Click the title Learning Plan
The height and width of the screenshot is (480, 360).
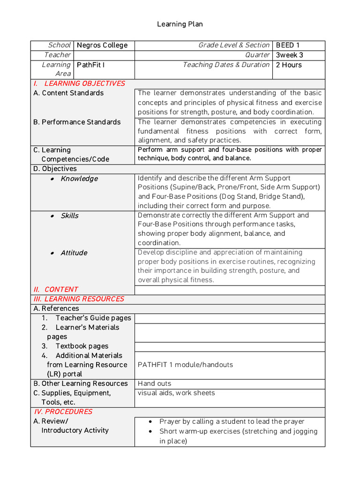point(180,24)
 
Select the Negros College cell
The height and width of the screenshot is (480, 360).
point(102,45)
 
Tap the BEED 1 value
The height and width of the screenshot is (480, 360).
point(285,45)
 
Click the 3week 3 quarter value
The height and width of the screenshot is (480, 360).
point(289,55)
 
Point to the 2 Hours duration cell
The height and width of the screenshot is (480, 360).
point(289,65)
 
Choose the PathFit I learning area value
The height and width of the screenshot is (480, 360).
point(90,65)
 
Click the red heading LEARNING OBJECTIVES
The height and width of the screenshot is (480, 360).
point(84,83)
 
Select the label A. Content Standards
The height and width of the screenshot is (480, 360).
point(68,93)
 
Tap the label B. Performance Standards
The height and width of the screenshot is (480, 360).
point(77,122)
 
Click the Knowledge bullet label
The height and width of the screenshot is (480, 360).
point(79,179)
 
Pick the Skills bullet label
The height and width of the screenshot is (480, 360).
point(69,216)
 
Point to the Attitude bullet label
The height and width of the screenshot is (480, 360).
point(74,253)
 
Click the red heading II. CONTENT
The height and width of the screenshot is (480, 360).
point(56,290)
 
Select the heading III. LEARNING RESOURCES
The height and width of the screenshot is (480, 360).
point(79,299)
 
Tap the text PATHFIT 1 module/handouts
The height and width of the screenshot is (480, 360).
point(185,365)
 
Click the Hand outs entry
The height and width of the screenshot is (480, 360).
point(155,383)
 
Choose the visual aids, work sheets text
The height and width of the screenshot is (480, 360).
point(176,393)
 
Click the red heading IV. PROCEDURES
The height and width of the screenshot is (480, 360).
point(63,412)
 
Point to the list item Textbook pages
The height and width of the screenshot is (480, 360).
point(82,346)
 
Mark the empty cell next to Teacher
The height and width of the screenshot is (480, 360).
point(104,55)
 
